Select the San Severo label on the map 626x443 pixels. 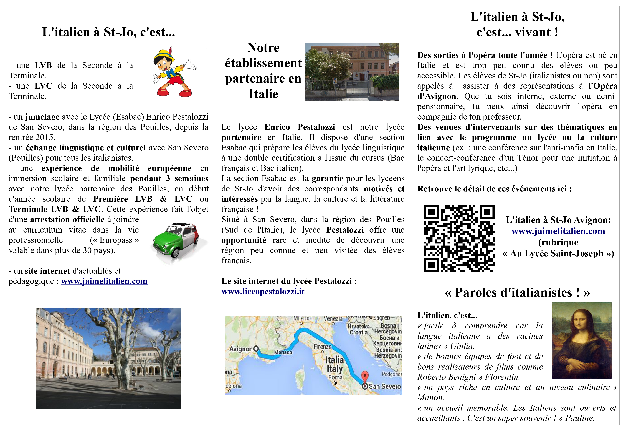tap(385, 386)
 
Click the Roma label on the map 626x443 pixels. tap(335, 377)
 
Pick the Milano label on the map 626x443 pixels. tap(301, 318)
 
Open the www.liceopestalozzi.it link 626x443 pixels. tap(263, 292)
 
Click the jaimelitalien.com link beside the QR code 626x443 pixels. tap(558, 231)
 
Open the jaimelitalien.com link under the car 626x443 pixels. tap(104, 281)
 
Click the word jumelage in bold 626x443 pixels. tap(42, 117)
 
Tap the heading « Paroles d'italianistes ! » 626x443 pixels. tap(517, 293)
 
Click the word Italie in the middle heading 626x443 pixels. tap(263, 94)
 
